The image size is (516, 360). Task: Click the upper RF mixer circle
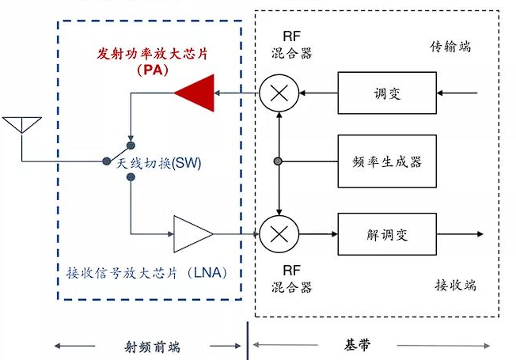pyautogui.click(x=279, y=93)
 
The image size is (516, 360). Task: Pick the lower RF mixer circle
pyautogui.click(x=279, y=234)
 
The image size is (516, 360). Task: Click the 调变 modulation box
pyautogui.click(x=387, y=93)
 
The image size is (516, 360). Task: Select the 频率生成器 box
pyautogui.click(x=387, y=161)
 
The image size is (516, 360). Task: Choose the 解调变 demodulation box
pyautogui.click(x=387, y=234)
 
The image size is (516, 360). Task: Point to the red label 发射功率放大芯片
pyautogui.click(x=153, y=54)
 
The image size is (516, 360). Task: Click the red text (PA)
pyautogui.click(x=153, y=70)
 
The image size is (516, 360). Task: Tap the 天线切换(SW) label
pyautogui.click(x=158, y=163)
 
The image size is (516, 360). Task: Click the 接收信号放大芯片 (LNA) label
pyautogui.click(x=147, y=273)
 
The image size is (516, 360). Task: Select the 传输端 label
pyautogui.click(x=450, y=47)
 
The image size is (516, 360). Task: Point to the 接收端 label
pyautogui.click(x=455, y=285)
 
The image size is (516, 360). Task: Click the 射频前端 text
pyautogui.click(x=153, y=347)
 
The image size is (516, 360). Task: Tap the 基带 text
pyautogui.click(x=358, y=345)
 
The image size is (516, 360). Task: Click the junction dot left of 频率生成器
pyautogui.click(x=278, y=161)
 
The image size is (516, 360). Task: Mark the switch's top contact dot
pyautogui.click(x=131, y=145)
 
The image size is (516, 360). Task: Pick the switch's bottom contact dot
pyautogui.click(x=131, y=177)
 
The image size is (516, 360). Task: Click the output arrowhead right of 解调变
pyautogui.click(x=480, y=234)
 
